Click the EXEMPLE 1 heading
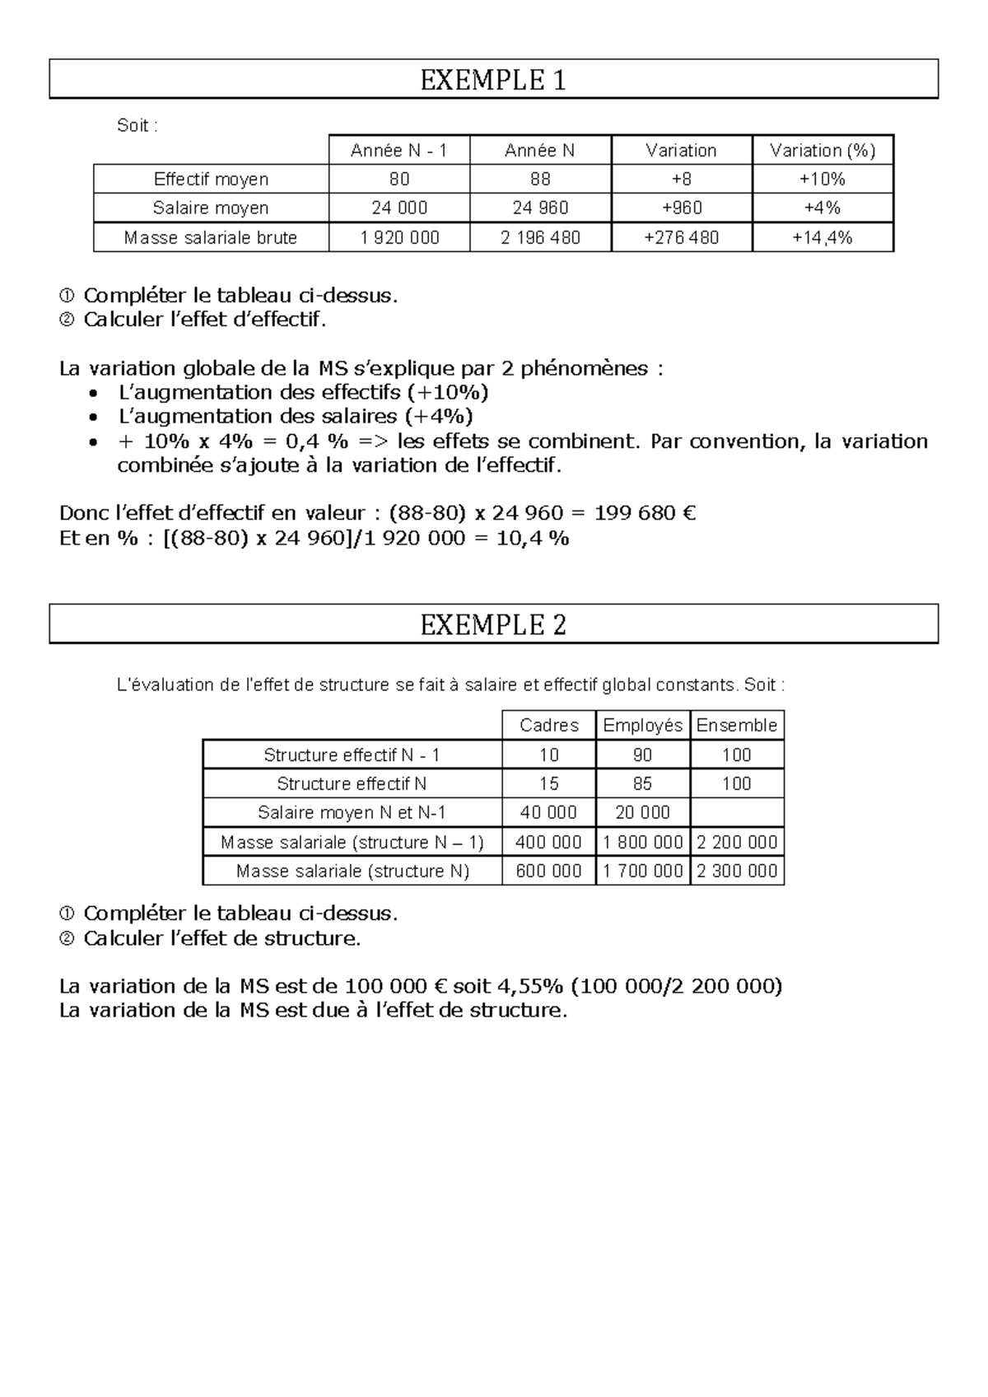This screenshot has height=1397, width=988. tap(493, 80)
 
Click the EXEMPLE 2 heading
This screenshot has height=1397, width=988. tap(493, 625)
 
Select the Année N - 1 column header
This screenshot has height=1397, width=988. tap(398, 150)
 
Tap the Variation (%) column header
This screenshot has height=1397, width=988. tap(822, 150)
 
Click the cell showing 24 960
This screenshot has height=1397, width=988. tap(540, 208)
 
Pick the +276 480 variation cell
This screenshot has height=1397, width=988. tap(681, 238)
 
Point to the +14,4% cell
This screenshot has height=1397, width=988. tap(822, 238)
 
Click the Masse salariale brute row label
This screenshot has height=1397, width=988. tap(211, 238)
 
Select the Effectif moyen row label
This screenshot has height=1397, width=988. tap(211, 179)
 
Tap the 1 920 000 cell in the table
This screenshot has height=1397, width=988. tap(399, 238)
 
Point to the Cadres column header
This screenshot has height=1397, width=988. tap(549, 725)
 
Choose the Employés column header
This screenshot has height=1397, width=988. tap(642, 725)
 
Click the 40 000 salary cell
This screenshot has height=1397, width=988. tap(548, 812)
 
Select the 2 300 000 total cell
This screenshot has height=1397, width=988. tap(737, 871)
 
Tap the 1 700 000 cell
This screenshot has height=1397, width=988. tap(642, 871)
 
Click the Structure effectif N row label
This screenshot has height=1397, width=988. tap(352, 783)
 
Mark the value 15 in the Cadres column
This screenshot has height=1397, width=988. tap(548, 783)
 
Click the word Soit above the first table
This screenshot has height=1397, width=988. tap(133, 126)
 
